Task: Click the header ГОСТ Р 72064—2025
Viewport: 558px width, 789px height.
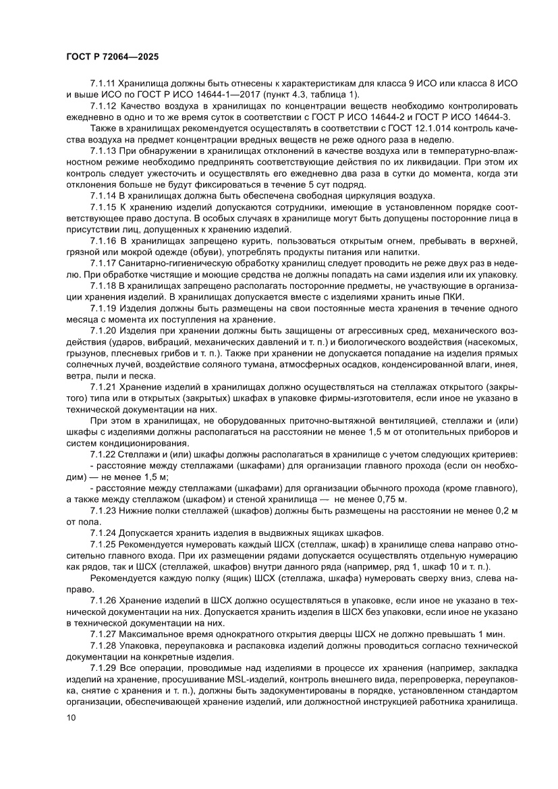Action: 112,57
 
